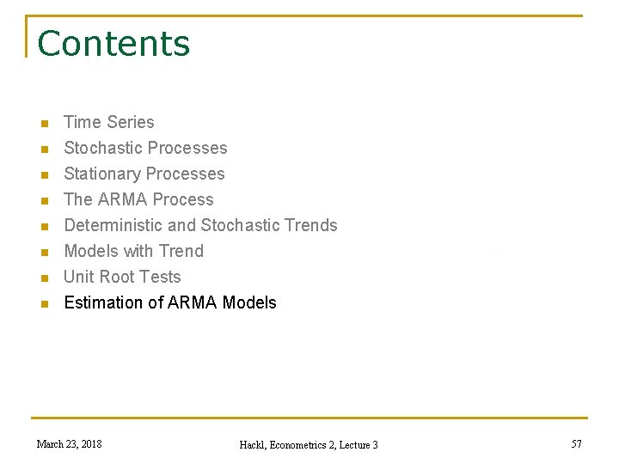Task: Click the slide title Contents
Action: coord(113,44)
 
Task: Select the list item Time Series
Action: coord(109,123)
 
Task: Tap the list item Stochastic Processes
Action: coord(145,149)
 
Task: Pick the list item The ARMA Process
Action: coord(138,200)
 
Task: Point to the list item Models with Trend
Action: coord(133,252)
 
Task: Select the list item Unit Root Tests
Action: coord(122,278)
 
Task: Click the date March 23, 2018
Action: coord(69,444)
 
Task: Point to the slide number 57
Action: coord(576,444)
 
